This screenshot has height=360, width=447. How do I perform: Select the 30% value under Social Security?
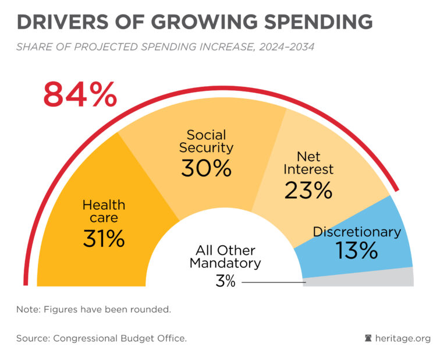coord(206,168)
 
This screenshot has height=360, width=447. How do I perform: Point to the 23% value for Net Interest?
coord(308,190)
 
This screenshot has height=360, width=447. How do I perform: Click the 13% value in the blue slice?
coord(356,250)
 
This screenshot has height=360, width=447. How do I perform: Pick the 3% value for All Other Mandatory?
coord(225,282)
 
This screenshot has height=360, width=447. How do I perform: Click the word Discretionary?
coord(357,231)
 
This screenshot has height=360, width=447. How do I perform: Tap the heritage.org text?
coord(402,338)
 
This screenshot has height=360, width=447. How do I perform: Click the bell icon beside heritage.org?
coord(368,338)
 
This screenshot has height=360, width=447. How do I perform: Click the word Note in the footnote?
coord(27,309)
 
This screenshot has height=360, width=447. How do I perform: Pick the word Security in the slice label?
coord(206,148)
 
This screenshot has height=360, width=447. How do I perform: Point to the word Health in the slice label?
coord(104,204)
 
